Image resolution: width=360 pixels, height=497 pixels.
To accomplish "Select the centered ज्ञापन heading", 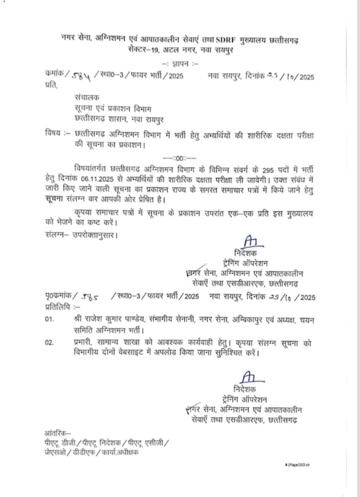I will pyautogui.click(x=180, y=64).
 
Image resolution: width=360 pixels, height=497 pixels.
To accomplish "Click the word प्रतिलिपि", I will pyautogui.click(x=53, y=307).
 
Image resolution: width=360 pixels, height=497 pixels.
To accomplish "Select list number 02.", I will pyautogui.click(x=48, y=343).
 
